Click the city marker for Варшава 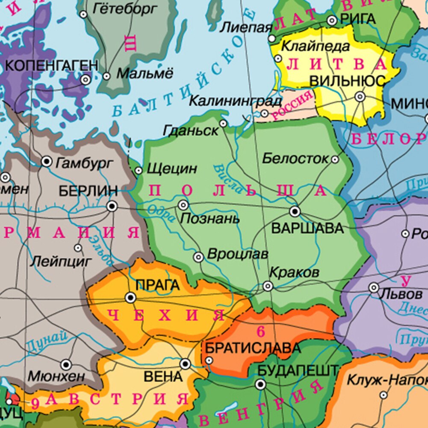pyautogui.click(x=294, y=211)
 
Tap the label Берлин pyautogui.click(x=88, y=191)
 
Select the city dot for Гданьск pyautogui.click(x=223, y=124)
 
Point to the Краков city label pyautogui.click(x=294, y=272)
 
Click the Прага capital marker pyautogui.click(x=130, y=297)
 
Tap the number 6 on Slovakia pyautogui.click(x=261, y=331)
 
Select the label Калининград pyautogui.click(x=235, y=101)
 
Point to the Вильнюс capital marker pyautogui.click(x=360, y=97)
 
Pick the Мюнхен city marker pyautogui.click(x=66, y=365)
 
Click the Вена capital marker pyautogui.click(x=185, y=364)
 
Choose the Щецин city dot pyautogui.click(x=139, y=171)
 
